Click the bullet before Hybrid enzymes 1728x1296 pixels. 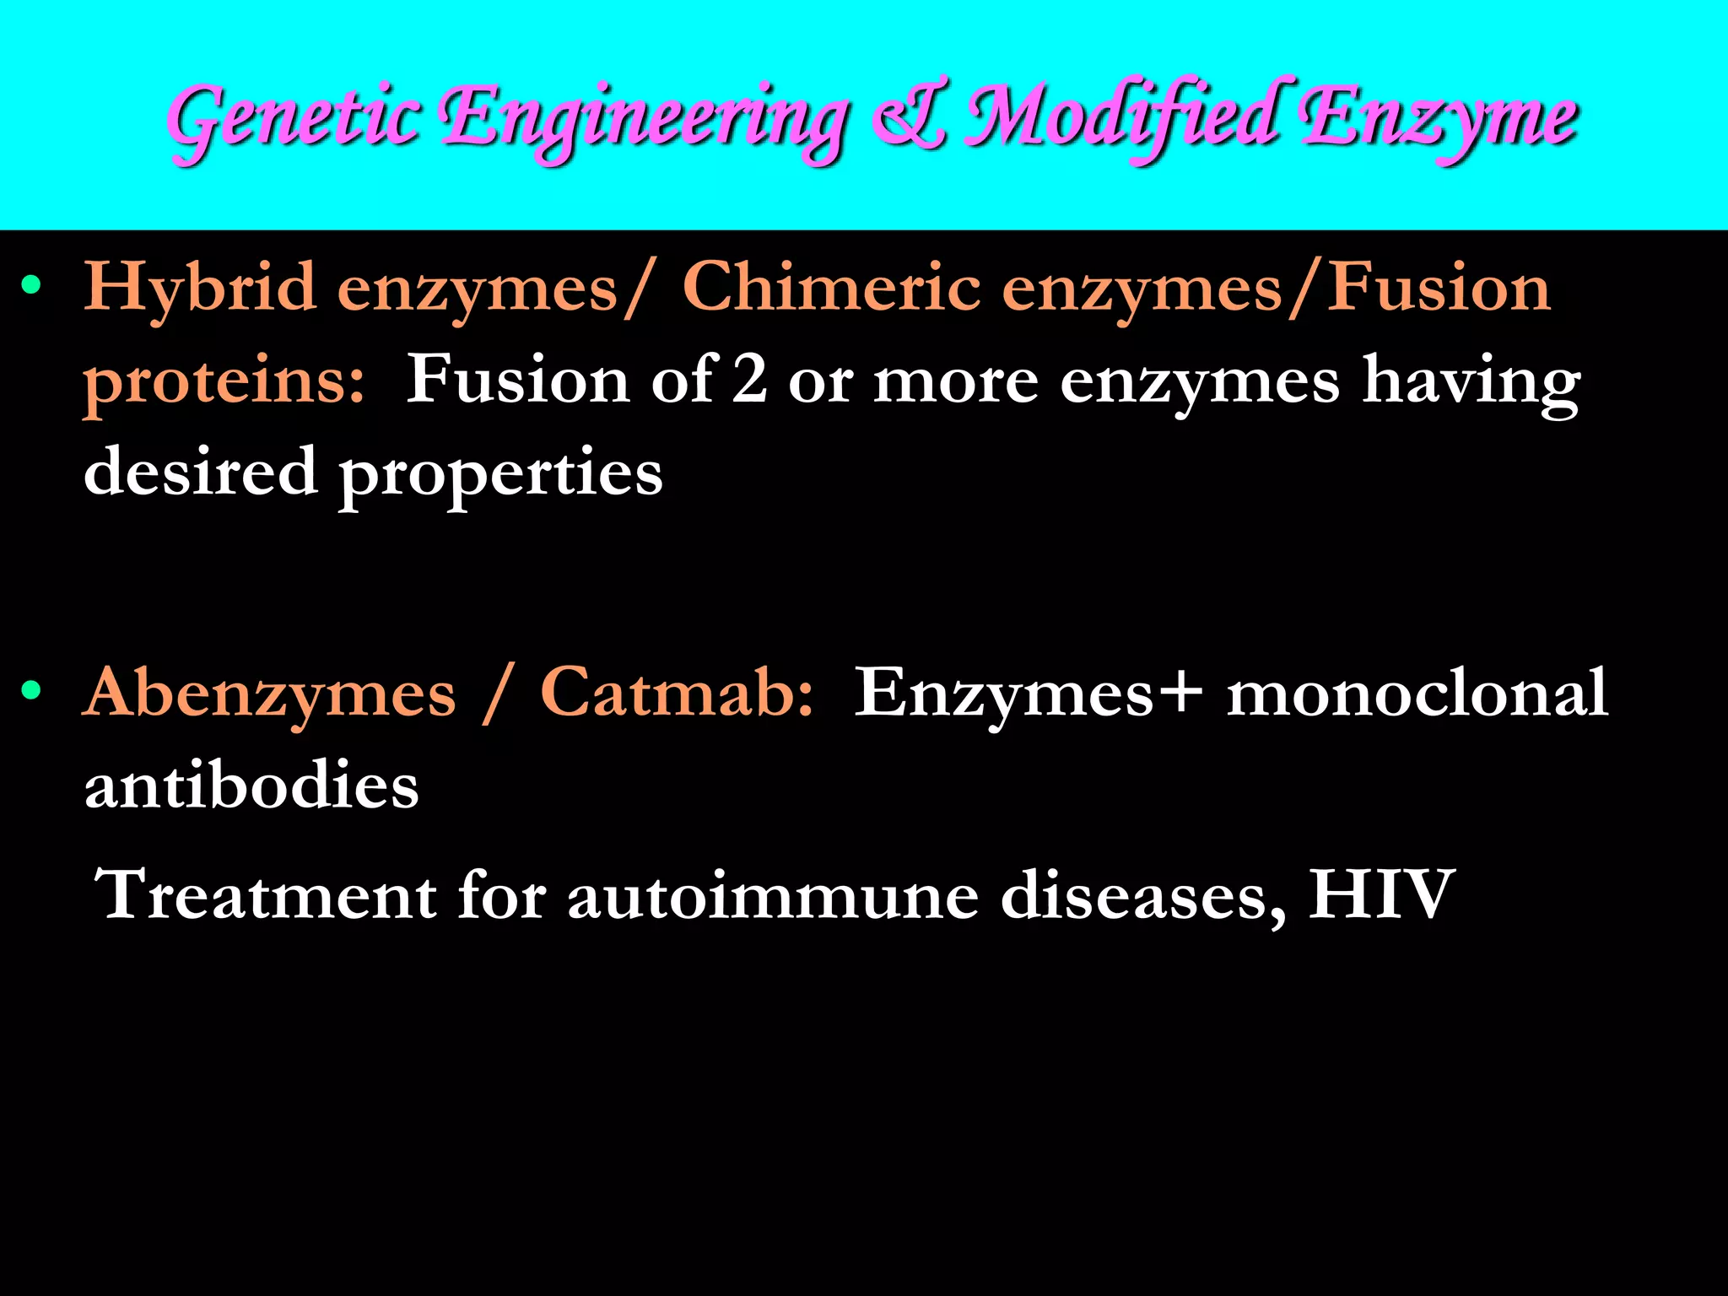point(31,285)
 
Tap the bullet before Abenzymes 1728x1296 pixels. point(31,691)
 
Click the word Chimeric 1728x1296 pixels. point(831,287)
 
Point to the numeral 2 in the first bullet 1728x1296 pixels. point(749,380)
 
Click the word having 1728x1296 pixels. point(1471,381)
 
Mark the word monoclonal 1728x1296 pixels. point(1417,692)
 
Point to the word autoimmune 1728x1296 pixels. point(773,894)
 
